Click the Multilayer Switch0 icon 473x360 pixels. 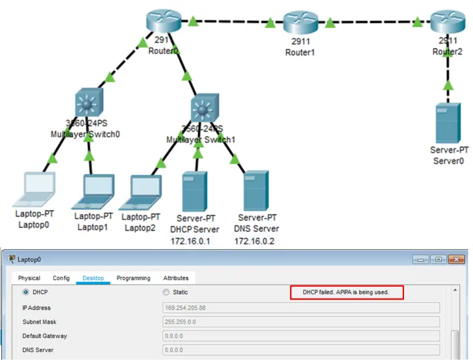[89, 104]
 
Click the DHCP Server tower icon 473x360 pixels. [195, 191]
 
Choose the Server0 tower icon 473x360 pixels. [448, 123]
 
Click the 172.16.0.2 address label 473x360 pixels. [254, 241]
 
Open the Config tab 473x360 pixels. [62, 278]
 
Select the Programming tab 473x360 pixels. [133, 278]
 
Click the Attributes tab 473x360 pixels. [176, 278]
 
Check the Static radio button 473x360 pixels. [166, 292]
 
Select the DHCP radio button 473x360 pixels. [26, 292]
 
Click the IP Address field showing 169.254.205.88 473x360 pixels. [301, 308]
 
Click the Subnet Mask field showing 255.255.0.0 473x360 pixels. [301, 322]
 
